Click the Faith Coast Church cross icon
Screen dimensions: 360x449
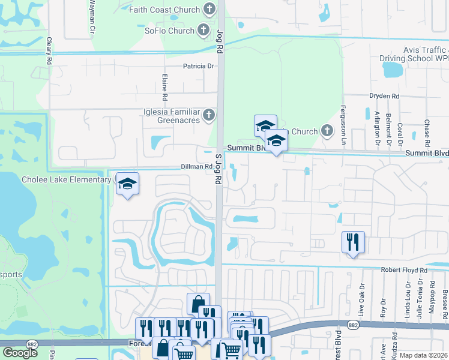point(209,8)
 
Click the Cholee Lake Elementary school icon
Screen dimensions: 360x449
point(127,184)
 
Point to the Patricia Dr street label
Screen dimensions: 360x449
point(199,66)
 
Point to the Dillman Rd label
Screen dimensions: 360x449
point(196,167)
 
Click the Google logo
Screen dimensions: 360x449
point(20,353)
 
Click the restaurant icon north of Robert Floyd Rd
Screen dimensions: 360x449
point(352,242)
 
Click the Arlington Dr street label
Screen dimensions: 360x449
point(377,128)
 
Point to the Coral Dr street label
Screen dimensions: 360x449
point(400,134)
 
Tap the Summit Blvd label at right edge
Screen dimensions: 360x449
point(426,153)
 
